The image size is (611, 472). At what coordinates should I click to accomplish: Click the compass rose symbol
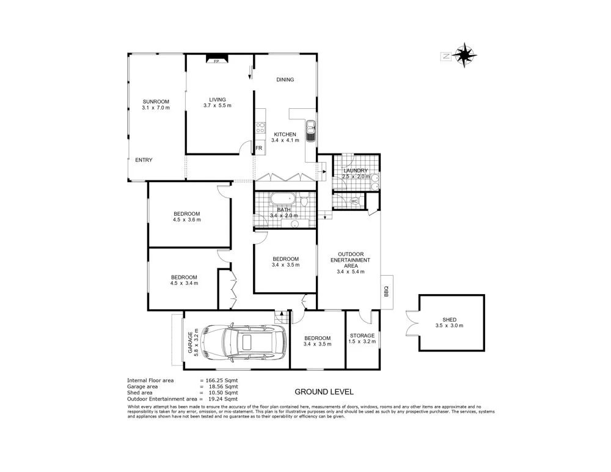(x=465, y=55)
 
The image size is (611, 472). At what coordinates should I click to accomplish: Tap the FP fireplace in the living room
(x=216, y=60)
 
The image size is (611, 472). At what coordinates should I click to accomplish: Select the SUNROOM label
(x=156, y=101)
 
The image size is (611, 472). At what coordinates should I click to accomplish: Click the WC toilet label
(x=354, y=201)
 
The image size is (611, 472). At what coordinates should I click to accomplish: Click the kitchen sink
(x=310, y=130)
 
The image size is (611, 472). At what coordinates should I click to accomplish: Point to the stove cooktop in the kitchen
(x=260, y=127)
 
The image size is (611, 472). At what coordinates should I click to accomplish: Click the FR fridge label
(x=259, y=149)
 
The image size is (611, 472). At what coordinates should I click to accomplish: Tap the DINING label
(x=285, y=79)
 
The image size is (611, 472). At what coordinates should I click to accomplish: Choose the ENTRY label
(x=144, y=160)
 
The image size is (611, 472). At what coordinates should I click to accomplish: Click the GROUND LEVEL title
(x=324, y=392)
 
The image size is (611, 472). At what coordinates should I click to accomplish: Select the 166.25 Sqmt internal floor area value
(x=221, y=380)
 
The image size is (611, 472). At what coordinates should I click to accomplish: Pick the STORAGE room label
(x=362, y=336)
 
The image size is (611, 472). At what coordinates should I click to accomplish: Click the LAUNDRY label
(x=355, y=171)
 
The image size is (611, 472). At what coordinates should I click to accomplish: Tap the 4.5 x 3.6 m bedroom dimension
(x=186, y=221)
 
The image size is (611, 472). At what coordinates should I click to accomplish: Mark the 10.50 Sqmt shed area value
(x=221, y=393)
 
